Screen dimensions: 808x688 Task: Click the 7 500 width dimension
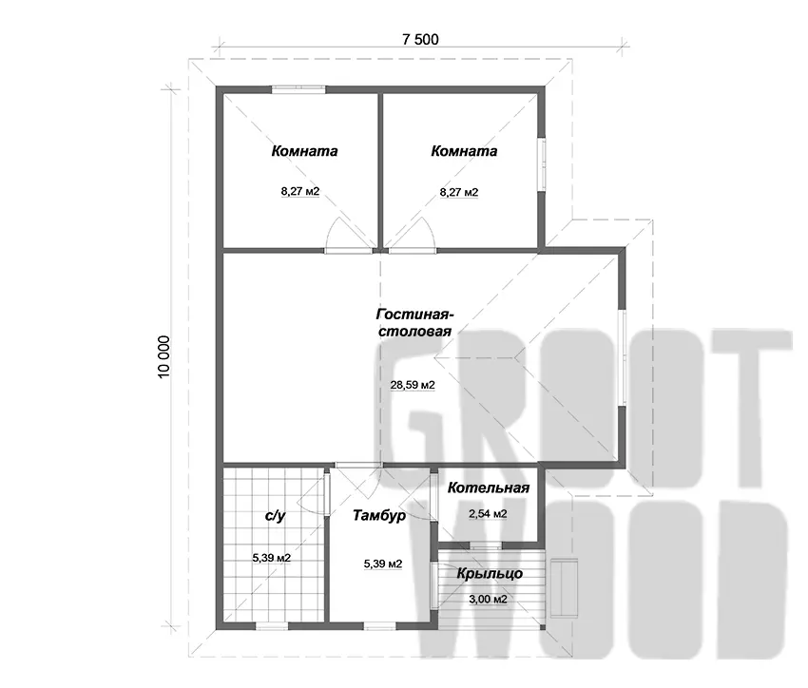pyautogui.click(x=420, y=39)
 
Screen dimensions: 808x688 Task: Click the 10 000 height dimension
pyautogui.click(x=164, y=357)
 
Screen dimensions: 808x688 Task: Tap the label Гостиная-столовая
pyautogui.click(x=414, y=323)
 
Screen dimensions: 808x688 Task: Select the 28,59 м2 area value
pyautogui.click(x=413, y=385)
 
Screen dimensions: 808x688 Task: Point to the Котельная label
pyautogui.click(x=488, y=487)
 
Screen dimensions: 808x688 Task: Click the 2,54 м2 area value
pyautogui.click(x=488, y=513)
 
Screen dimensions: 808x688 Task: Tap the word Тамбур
pyautogui.click(x=379, y=515)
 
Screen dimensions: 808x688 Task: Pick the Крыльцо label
pyautogui.click(x=490, y=573)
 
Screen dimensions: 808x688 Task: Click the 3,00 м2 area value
pyautogui.click(x=488, y=599)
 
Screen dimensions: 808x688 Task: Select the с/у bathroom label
pyautogui.click(x=275, y=515)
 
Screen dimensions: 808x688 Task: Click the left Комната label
pyautogui.click(x=304, y=151)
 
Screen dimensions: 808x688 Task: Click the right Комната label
pyautogui.click(x=464, y=151)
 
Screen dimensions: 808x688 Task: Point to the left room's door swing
pyautogui.click(x=348, y=235)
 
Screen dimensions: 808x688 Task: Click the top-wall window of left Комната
pyautogui.click(x=298, y=89)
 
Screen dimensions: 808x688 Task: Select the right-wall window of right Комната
pyautogui.click(x=542, y=164)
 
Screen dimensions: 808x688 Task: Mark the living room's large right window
pyautogui.click(x=622, y=357)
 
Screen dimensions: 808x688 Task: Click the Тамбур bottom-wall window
pyautogui.click(x=379, y=626)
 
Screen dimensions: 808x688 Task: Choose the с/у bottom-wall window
pyautogui.click(x=272, y=626)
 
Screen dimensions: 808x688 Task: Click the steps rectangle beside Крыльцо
pyautogui.click(x=565, y=587)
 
